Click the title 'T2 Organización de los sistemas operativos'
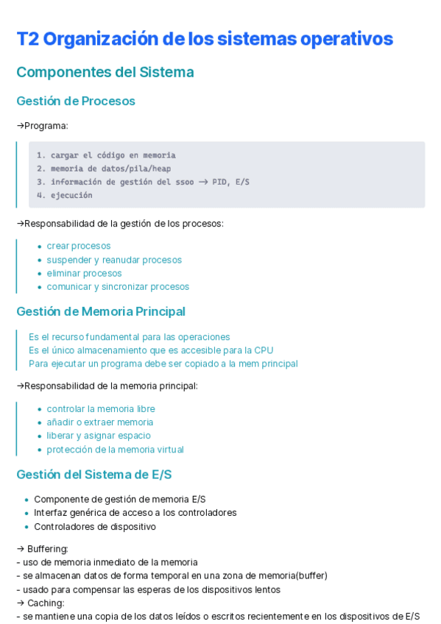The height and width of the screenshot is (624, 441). pos(204,39)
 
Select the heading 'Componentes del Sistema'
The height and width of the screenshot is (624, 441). pos(105,72)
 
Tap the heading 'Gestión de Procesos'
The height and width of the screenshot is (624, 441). pos(76,101)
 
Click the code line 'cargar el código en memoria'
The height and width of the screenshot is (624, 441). pos(113,155)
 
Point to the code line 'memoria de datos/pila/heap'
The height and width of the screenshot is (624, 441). pos(110,169)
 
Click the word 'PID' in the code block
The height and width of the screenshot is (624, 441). pos(219,182)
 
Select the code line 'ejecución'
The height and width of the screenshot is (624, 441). pos(71,195)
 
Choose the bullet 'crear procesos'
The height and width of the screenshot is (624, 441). pos(79,246)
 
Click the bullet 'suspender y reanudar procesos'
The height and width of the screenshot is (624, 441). pos(114,260)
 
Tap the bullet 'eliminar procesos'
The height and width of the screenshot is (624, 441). pos(84,273)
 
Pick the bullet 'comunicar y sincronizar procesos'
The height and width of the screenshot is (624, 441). pos(118,286)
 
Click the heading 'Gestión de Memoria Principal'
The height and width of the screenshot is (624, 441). pos(101,311)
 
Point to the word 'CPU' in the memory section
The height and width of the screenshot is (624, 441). pos(264,350)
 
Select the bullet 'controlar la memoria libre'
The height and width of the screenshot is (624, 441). pos(101,408)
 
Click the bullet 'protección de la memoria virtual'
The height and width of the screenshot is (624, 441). pos(115,449)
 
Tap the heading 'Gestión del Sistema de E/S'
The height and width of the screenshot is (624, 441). pos(94,475)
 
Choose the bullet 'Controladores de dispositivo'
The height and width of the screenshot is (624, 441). pos(95,526)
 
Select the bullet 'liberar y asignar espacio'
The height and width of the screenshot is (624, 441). pos(99,436)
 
